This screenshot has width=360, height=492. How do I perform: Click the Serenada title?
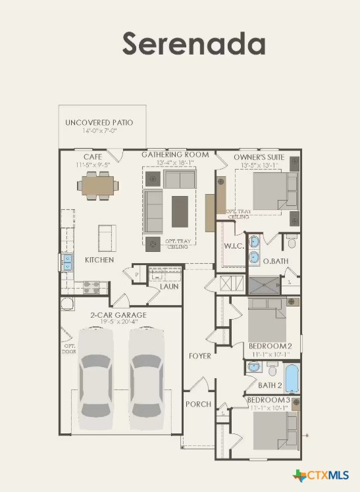point(193,44)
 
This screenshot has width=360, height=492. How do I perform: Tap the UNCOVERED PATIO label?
point(99,123)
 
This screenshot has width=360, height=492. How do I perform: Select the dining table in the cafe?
point(98,186)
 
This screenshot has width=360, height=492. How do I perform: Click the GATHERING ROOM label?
point(175,155)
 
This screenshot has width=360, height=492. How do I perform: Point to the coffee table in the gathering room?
point(180,210)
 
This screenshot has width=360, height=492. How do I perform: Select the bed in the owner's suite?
point(270,191)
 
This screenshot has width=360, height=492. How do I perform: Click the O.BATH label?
point(276,262)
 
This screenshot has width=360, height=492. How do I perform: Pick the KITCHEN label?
point(99,260)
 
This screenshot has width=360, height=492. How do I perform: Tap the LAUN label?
point(169,287)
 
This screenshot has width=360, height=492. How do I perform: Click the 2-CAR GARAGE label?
point(118,315)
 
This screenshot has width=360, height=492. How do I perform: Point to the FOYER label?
point(200,356)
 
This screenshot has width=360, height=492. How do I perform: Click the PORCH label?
point(198,404)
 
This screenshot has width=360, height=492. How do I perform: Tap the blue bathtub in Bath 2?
point(291,380)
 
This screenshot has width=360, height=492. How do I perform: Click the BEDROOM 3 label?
point(269,400)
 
